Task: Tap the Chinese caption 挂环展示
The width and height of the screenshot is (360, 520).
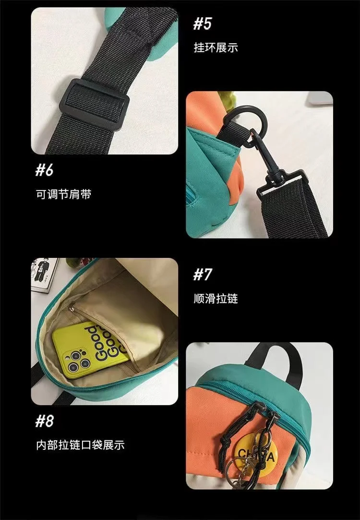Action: [216, 48]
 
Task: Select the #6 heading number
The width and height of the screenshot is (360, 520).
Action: [45, 170]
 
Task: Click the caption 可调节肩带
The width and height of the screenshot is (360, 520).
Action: [63, 194]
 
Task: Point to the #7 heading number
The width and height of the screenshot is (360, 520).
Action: [202, 275]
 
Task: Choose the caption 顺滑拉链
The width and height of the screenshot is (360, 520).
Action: [216, 299]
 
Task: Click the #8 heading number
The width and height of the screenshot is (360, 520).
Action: [45, 421]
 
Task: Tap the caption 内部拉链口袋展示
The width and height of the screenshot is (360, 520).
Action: [80, 445]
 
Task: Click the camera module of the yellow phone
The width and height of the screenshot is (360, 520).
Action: [71, 360]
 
